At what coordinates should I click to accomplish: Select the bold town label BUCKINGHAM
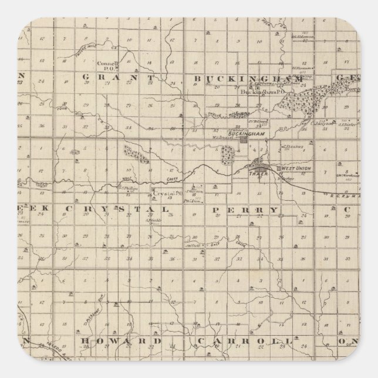247,134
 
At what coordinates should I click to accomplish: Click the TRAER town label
259,174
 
